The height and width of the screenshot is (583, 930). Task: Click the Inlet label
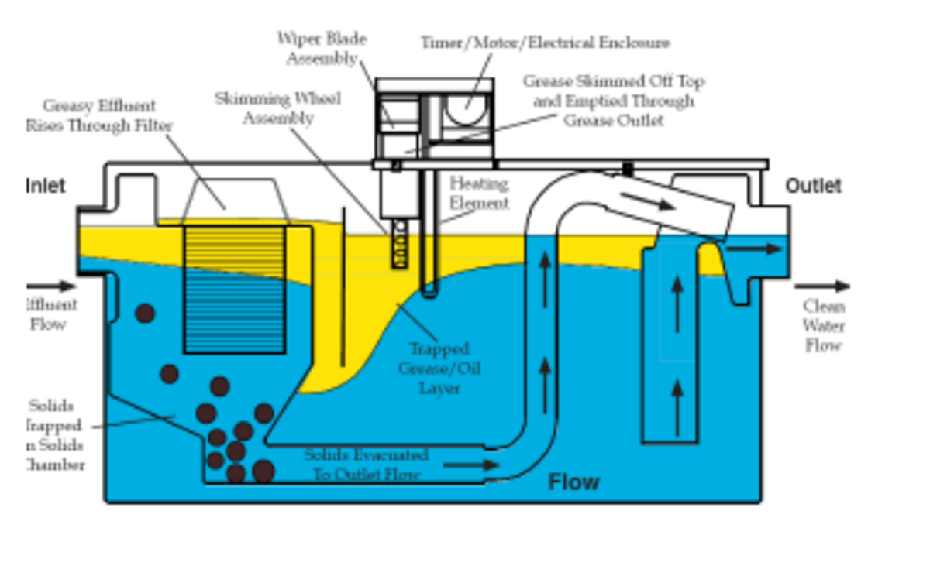point(46,186)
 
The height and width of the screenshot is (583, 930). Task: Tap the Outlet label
point(813,186)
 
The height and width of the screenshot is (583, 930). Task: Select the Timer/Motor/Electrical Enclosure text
point(545,43)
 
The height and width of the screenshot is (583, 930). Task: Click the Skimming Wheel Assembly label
point(277,108)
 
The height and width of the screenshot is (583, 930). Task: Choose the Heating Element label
point(479,194)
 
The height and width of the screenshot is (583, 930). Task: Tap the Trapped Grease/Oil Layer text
point(439,369)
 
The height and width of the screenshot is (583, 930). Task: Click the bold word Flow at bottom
point(573,483)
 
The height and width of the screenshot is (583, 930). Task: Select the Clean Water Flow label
point(823,326)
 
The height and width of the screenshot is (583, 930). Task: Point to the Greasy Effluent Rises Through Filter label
point(99,115)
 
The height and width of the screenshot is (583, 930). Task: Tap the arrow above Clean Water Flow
point(821,286)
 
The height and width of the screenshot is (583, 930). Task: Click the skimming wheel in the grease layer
point(400,244)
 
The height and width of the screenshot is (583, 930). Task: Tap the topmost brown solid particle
point(145,314)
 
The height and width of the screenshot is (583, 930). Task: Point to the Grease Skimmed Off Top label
point(613,101)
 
